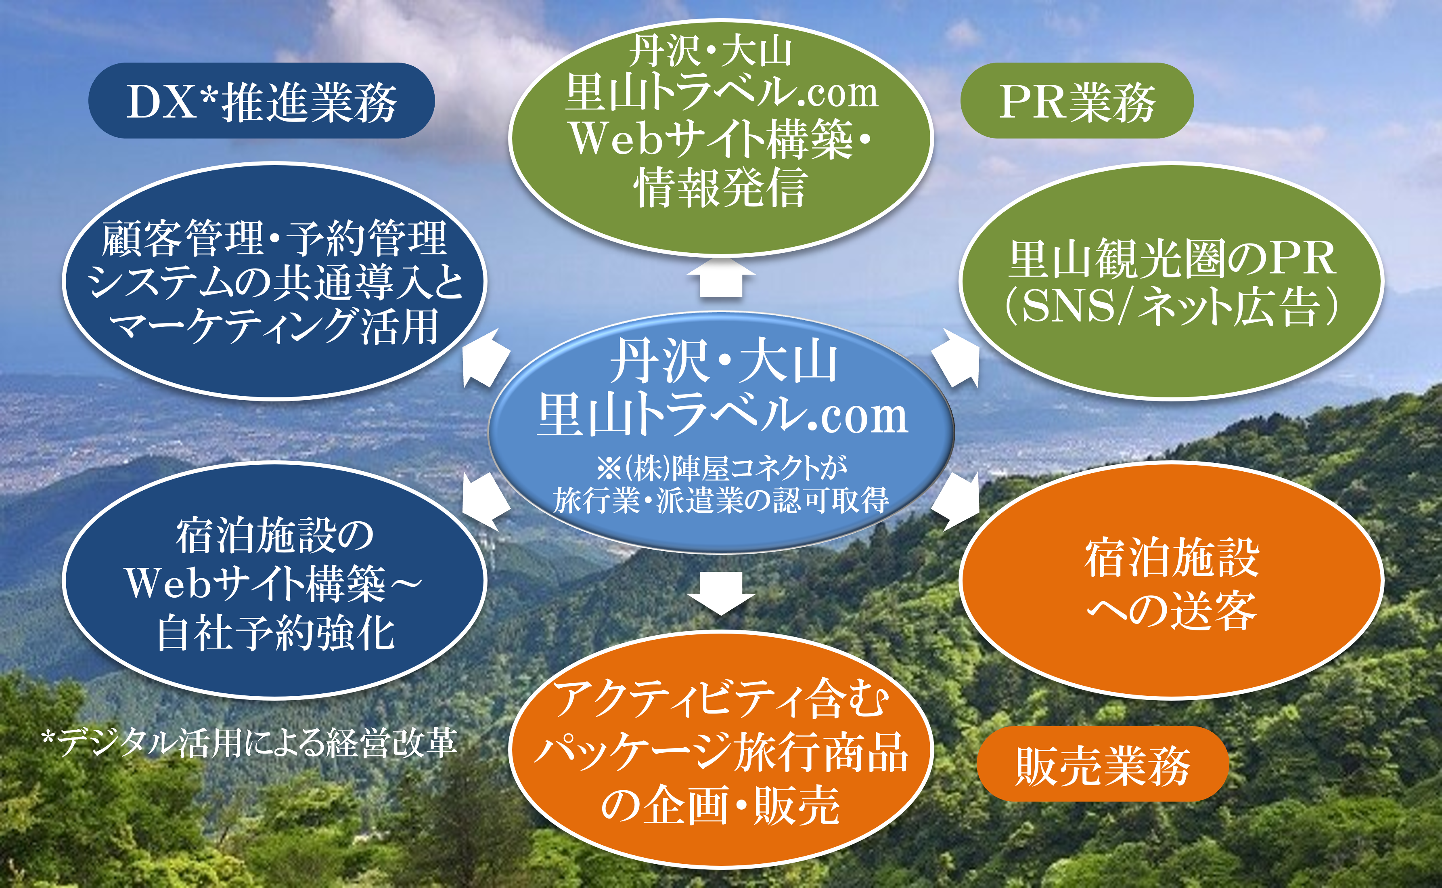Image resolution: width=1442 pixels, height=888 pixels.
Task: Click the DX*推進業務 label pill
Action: (261, 101)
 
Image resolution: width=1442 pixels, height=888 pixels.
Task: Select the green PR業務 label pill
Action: (1077, 101)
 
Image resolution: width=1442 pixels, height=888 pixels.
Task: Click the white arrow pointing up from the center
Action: (721, 277)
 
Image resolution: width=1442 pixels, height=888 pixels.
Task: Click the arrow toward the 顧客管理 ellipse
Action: (486, 358)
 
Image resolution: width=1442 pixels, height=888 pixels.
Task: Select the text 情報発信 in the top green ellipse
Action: (721, 187)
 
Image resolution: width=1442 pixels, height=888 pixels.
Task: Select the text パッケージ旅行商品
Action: (721, 753)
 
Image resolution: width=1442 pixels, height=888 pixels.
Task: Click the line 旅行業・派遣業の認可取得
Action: (721, 500)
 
